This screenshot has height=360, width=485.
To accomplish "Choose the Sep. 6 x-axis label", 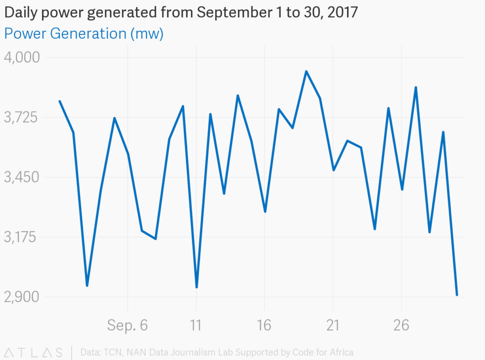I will [127, 325].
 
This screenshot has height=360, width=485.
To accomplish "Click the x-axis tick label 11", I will [196, 325].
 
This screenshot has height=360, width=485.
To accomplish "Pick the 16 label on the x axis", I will [264, 325].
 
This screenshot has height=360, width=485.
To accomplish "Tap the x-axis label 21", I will [333, 325].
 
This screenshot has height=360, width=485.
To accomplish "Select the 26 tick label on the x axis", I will [402, 325].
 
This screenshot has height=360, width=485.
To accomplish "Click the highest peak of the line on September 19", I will [306, 72].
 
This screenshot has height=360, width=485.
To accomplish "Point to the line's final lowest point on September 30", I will [457, 295].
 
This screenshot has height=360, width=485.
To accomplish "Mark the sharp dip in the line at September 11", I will [196, 287].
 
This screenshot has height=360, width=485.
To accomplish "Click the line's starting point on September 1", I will [59, 101].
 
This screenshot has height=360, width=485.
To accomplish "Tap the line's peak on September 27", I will [415, 87].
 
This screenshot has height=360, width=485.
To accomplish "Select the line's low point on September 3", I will [87, 286].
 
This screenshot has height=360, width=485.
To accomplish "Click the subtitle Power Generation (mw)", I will [84, 34].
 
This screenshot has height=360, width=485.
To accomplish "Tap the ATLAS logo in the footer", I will [33, 352].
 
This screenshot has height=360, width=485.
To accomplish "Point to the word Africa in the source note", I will [341, 352].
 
